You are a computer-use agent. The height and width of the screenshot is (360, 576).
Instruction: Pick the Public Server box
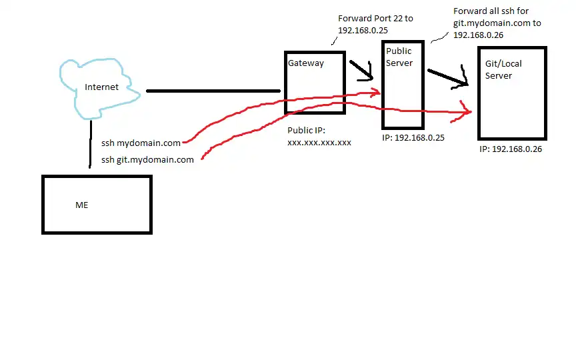402,100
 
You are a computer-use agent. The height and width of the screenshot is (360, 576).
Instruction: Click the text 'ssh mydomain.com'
141,143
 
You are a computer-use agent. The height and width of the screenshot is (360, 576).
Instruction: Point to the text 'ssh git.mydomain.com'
147,159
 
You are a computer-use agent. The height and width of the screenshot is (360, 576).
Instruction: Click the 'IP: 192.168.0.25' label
413,138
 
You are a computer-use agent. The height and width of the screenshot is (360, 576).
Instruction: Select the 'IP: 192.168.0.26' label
510,149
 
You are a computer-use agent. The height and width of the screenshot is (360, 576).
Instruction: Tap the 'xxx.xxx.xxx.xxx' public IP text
319,143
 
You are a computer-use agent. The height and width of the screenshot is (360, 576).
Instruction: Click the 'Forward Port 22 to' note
375,19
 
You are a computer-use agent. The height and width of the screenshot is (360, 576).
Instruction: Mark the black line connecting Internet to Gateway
213,91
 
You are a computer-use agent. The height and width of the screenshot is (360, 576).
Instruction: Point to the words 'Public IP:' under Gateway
306,131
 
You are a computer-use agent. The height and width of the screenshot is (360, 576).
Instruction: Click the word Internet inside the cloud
101,87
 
